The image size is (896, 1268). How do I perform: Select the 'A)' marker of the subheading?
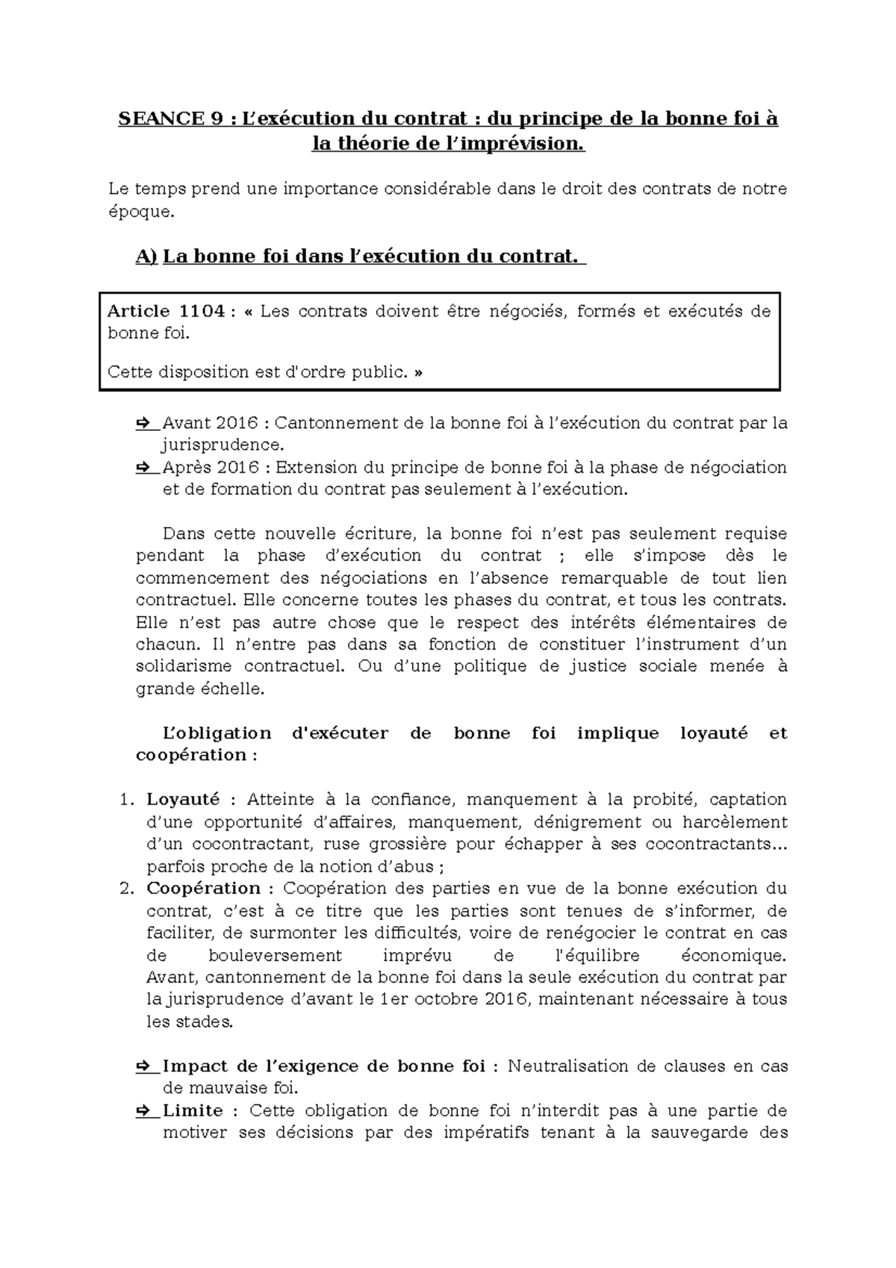tap(146, 257)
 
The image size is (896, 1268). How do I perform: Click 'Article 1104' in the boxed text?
tap(166, 311)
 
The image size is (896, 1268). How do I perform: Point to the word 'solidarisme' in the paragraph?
tap(184, 666)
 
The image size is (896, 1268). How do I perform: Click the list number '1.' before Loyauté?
tap(126, 800)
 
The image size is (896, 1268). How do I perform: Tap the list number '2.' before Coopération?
tap(126, 889)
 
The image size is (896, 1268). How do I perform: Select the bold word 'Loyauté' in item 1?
tap(183, 800)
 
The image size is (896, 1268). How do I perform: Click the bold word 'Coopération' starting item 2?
tap(203, 889)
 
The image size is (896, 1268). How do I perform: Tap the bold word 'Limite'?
tap(192, 1110)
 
